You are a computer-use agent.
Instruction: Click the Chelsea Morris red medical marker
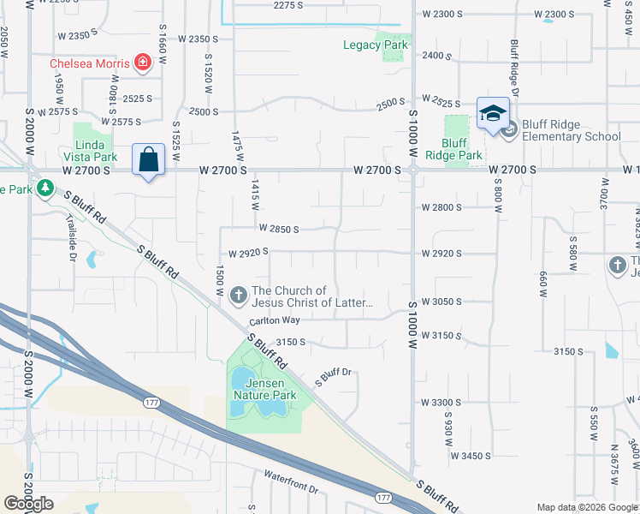[142, 63]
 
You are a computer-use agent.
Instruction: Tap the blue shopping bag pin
[148, 160]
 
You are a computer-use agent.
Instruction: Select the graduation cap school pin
[493, 115]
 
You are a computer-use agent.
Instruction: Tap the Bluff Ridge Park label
[461, 149]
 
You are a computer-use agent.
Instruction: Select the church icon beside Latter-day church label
[238, 296]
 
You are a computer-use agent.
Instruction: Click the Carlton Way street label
[275, 321]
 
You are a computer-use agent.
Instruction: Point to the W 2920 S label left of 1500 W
[248, 253]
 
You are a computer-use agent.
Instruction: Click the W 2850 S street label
[279, 229]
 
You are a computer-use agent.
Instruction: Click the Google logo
[28, 504]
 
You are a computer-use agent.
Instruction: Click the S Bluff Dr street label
[334, 375]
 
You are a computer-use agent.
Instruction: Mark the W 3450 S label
[471, 456]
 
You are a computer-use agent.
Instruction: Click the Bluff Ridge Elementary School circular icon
[509, 130]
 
